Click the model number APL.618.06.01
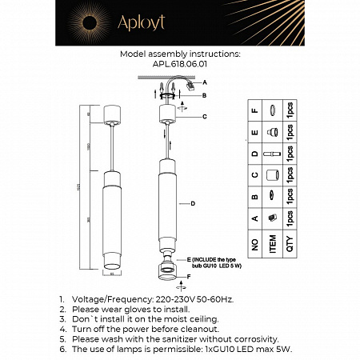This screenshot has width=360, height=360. click(179, 66)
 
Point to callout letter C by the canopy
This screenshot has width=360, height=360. click(204, 117)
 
